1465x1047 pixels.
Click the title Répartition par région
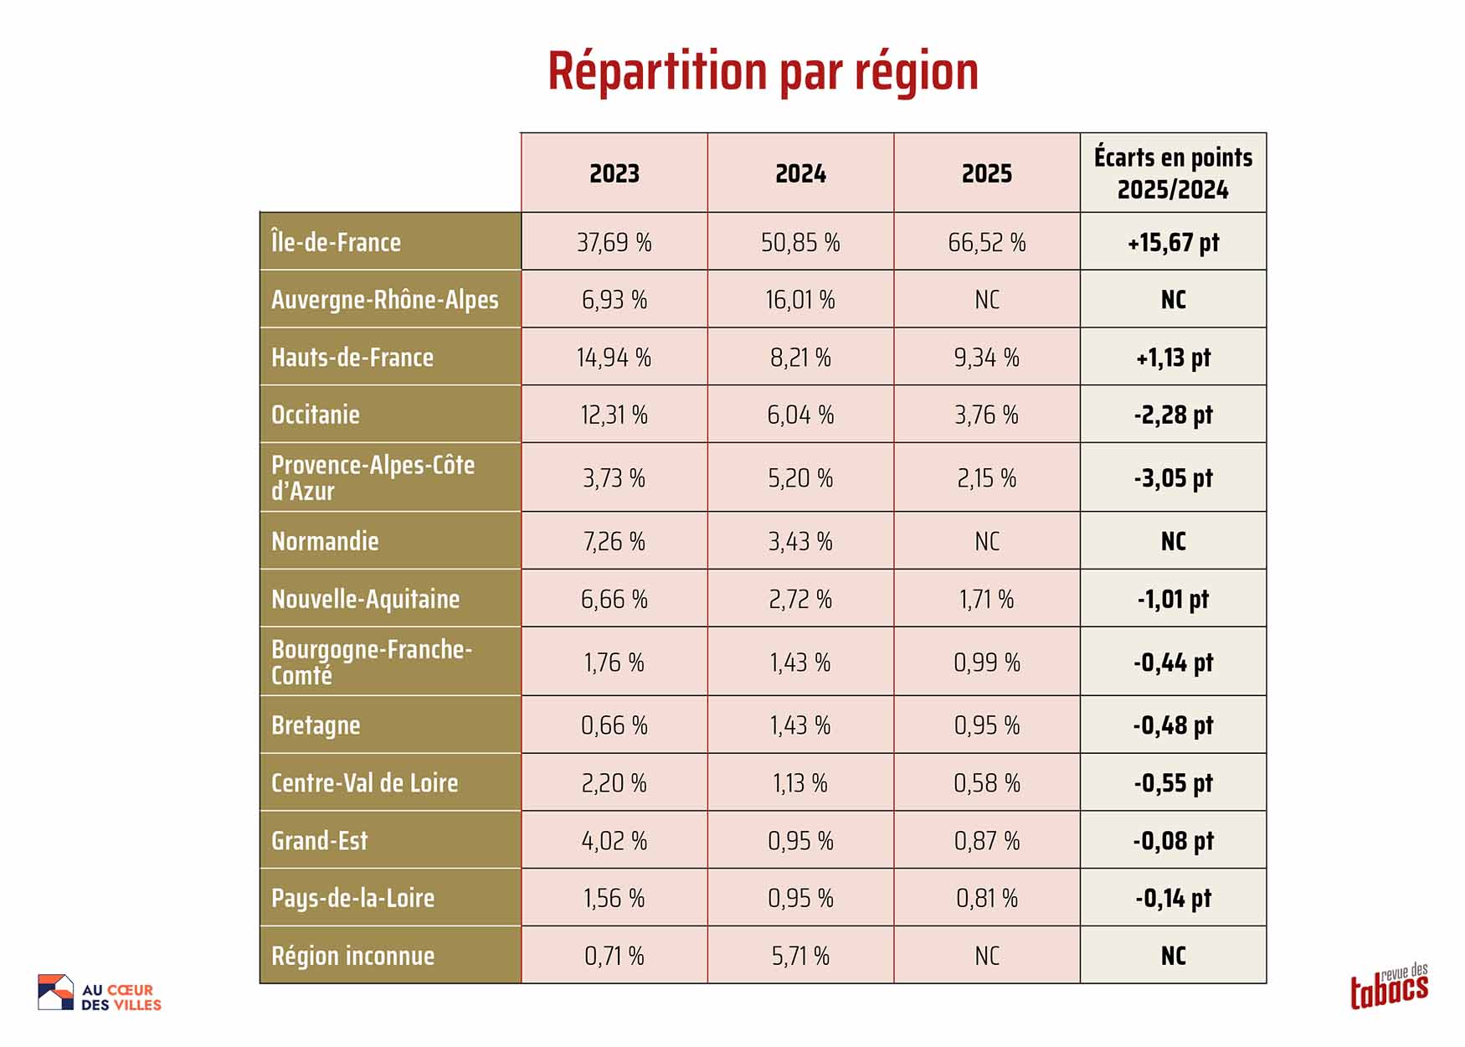pos(763,71)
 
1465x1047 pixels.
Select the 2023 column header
pos(614,173)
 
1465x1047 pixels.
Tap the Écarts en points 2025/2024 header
pos(1173,173)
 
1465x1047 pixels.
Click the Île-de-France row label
pos(336,242)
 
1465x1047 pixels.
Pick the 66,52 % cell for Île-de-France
pos(986,242)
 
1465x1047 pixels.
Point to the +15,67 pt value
pos(1173,242)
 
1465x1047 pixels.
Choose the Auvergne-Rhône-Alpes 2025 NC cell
pos(986,300)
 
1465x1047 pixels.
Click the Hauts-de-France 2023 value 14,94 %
pos(614,358)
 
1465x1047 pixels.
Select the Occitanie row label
pos(316,415)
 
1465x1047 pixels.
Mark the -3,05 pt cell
pos(1173,478)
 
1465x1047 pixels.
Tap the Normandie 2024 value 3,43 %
pos(800,541)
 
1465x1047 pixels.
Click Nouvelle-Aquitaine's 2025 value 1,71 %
pos(986,599)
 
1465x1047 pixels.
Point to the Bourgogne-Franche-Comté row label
pos(372,662)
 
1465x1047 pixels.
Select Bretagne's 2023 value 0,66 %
pos(614,725)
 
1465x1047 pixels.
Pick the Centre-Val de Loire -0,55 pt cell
pos(1173,783)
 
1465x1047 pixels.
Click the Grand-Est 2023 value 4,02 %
pos(614,840)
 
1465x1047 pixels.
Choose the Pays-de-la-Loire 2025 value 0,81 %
pos(986,898)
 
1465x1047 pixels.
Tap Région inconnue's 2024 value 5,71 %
pos(800,956)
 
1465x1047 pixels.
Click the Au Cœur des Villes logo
pos(100,993)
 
